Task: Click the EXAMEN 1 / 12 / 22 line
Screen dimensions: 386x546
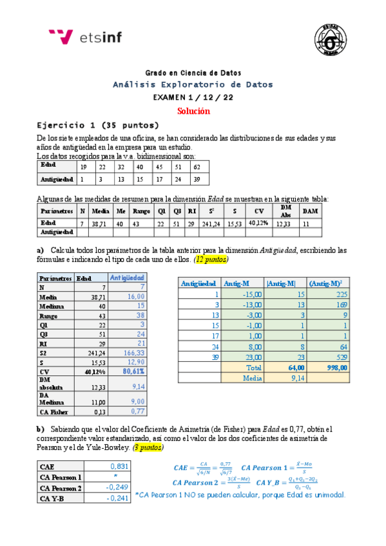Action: click(x=193, y=97)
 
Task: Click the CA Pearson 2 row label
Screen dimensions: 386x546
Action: click(x=61, y=487)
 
